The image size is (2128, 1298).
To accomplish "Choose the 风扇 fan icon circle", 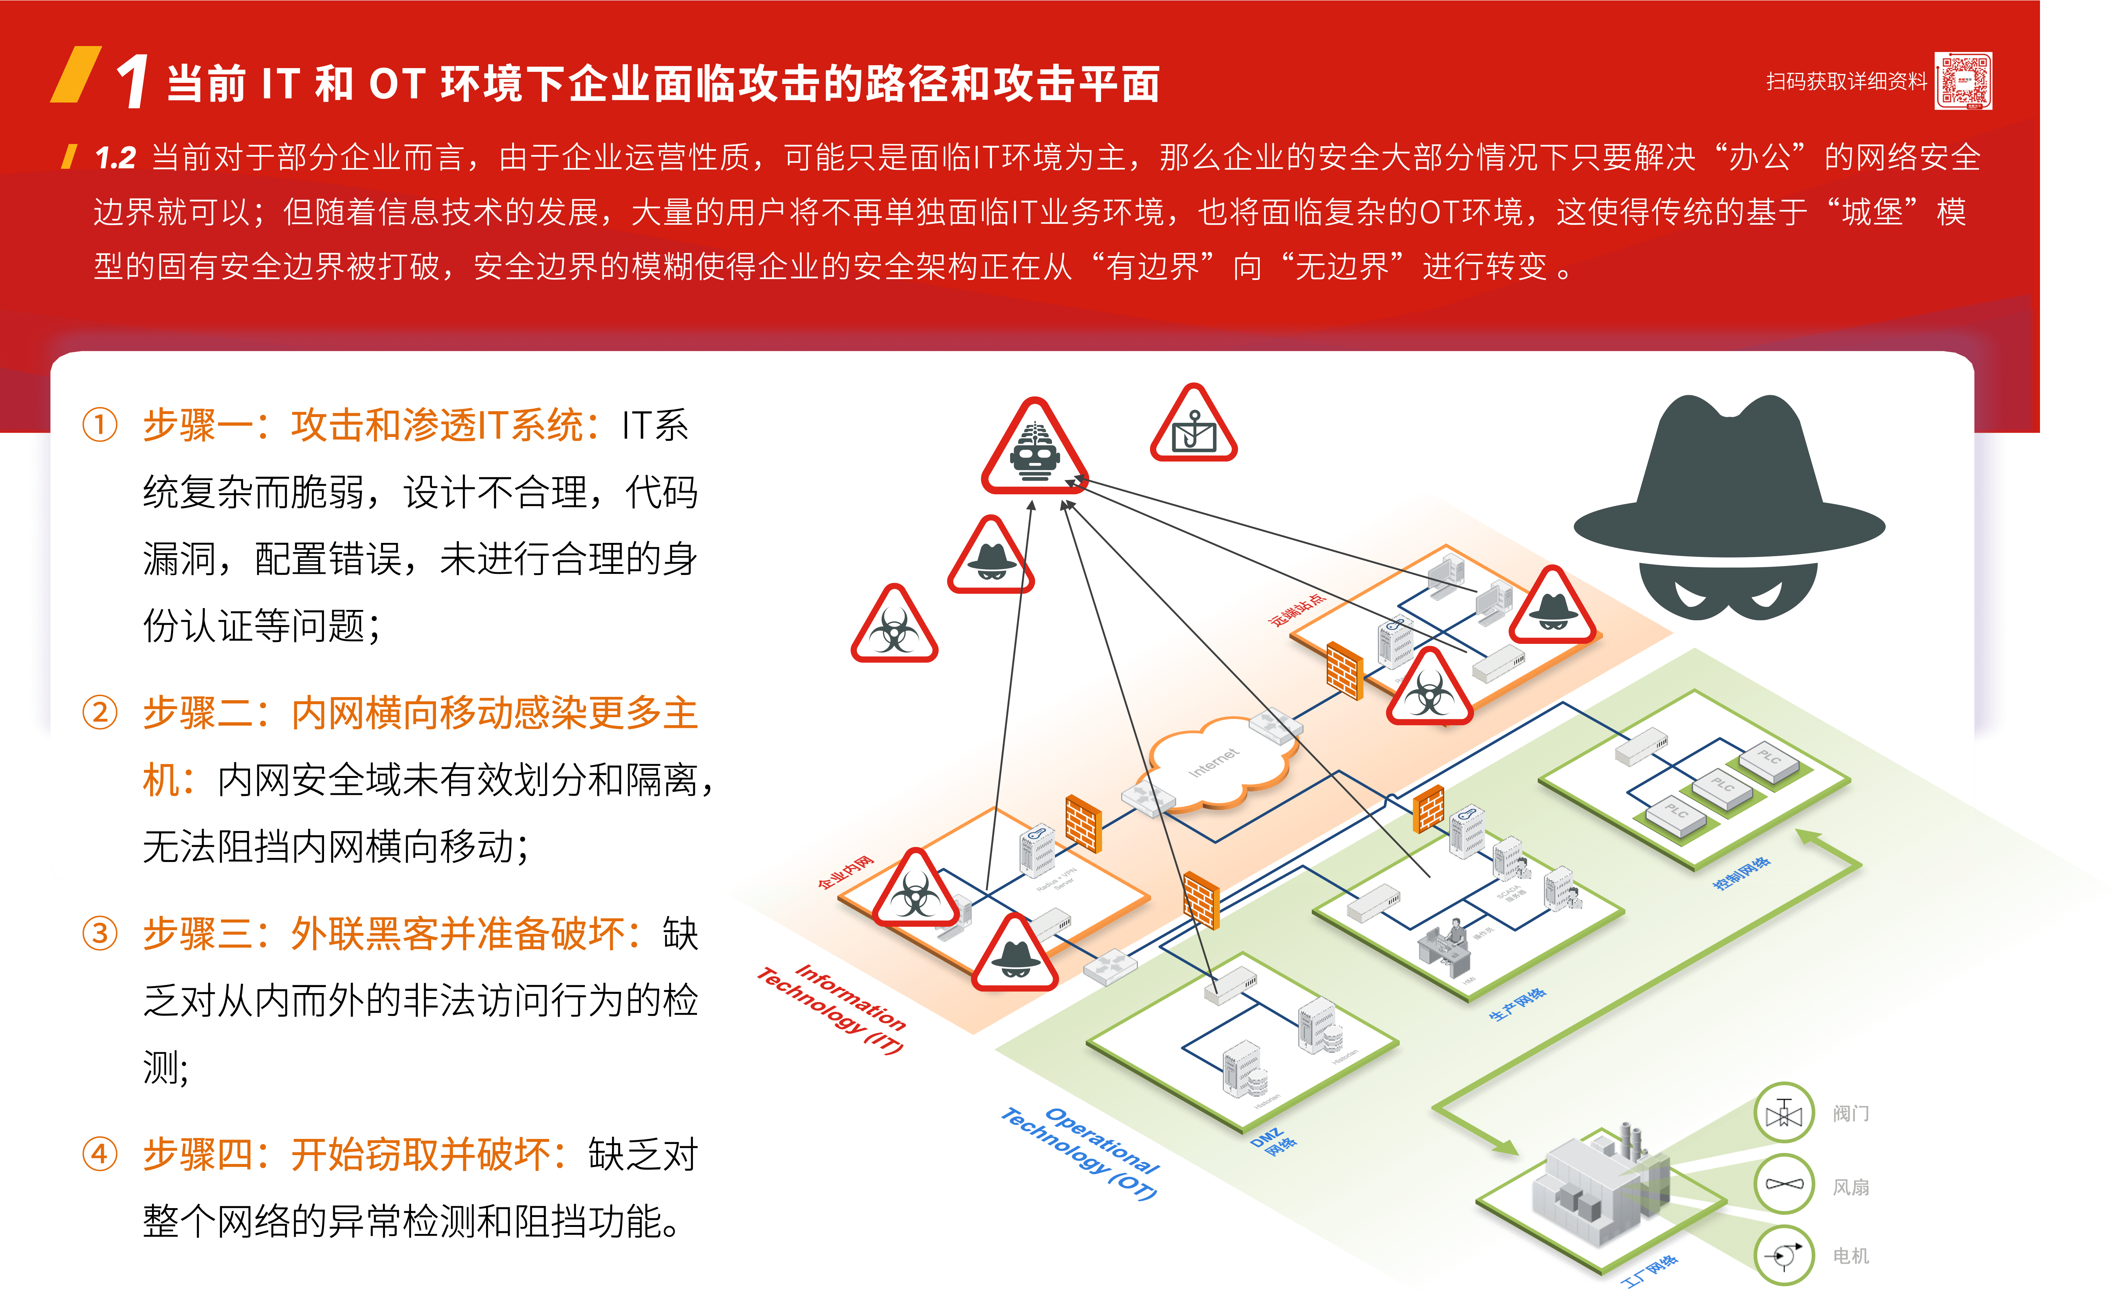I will click(x=1784, y=1185).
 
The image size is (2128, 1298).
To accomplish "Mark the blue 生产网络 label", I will click(x=1517, y=1003).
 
